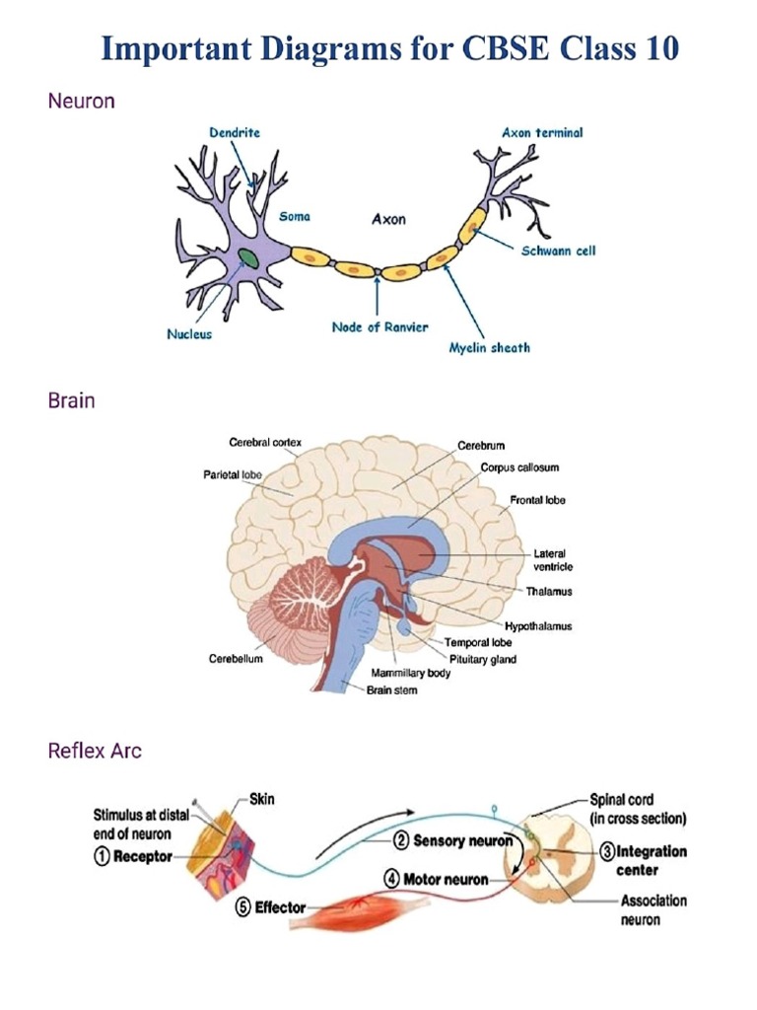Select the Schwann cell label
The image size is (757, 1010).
[x=558, y=251]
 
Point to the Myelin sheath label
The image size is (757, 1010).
[x=489, y=347]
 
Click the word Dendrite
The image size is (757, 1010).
[x=235, y=132]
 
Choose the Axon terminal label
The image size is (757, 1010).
[x=541, y=132]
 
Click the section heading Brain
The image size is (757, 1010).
[x=71, y=401]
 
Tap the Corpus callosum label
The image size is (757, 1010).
[x=519, y=467]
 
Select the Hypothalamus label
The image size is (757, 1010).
[x=538, y=626]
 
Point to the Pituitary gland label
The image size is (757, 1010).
[x=482, y=659]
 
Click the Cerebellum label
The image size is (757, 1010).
[x=236, y=659]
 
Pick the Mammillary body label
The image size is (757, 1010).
[x=411, y=673]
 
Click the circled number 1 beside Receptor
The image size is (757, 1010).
[x=102, y=857]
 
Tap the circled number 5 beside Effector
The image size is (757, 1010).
[x=242, y=907]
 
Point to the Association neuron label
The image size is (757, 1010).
[x=653, y=910]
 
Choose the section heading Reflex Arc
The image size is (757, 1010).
[x=95, y=751]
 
